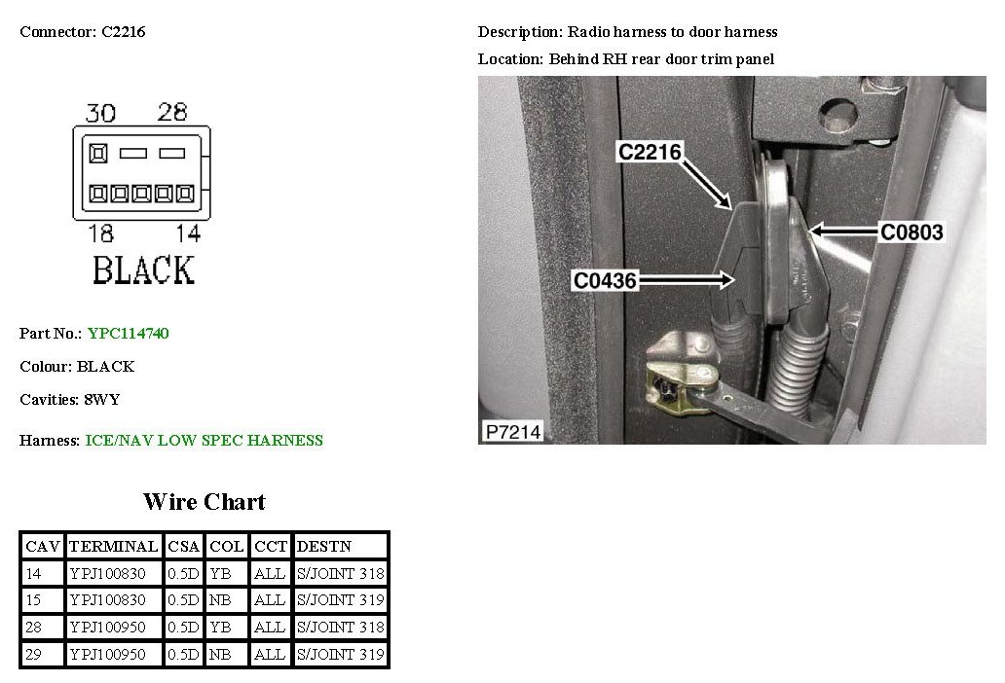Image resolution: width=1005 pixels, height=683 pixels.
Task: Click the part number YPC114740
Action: [128, 334]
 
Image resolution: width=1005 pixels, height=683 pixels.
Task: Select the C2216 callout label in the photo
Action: [650, 152]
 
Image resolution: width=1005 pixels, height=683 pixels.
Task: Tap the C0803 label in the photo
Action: [912, 233]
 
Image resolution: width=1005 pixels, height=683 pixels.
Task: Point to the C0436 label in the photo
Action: [605, 281]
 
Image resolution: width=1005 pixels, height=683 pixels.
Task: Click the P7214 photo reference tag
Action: [511, 431]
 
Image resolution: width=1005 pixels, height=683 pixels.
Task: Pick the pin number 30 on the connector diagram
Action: [99, 113]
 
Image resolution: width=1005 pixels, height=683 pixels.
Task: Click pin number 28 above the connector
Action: [171, 112]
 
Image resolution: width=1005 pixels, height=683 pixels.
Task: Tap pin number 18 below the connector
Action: [99, 234]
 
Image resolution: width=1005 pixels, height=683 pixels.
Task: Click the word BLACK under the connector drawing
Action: [143, 270]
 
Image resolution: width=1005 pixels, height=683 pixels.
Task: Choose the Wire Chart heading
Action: [204, 502]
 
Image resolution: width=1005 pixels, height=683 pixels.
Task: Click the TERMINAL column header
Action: [113, 546]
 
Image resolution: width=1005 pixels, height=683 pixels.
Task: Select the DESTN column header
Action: [323, 546]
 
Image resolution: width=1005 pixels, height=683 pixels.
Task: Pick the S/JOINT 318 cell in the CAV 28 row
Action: [340, 628]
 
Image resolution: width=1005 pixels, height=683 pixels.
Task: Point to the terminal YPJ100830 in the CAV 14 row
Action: [107, 574]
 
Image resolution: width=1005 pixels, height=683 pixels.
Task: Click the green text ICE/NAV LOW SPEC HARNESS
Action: [204, 441]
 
